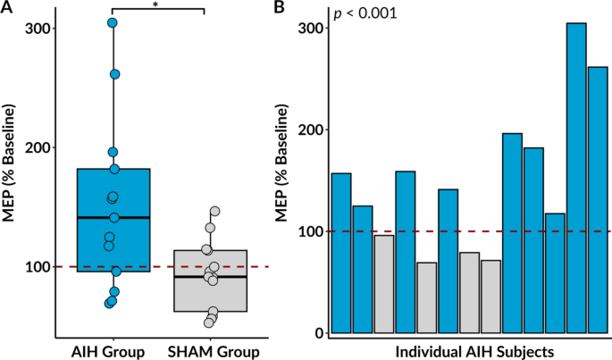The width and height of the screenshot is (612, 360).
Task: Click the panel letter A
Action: click(x=7, y=7)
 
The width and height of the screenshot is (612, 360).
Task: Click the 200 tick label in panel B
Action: click(x=307, y=130)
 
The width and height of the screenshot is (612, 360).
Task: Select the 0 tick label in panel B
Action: click(x=316, y=333)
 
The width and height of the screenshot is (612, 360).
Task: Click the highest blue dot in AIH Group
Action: click(x=113, y=23)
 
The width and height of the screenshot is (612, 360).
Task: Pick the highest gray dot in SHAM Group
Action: click(x=214, y=212)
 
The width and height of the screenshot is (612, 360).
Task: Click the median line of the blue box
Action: click(x=113, y=217)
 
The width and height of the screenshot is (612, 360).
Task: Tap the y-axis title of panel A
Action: click(x=11, y=170)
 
